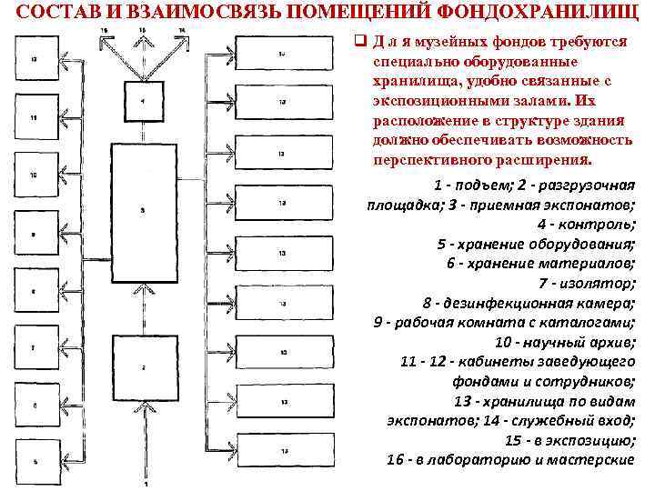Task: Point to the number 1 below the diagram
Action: coord(144,486)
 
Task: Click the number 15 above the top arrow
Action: coord(142,30)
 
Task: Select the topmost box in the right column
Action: coord(282,54)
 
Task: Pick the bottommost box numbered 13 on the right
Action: coord(282,450)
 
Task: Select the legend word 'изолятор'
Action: coord(598,284)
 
